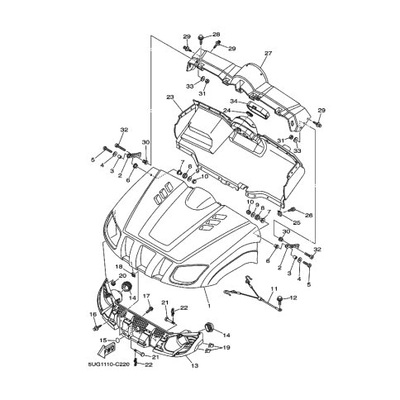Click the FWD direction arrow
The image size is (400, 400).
point(107,352)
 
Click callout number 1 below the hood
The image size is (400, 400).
point(209,306)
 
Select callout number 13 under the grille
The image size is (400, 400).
point(195,366)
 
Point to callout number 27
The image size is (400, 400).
point(268,53)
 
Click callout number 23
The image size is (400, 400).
point(170,97)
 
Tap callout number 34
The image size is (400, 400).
point(234,102)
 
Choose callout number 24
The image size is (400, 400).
point(226,110)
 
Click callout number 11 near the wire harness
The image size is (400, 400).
point(274,289)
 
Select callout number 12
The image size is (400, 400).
point(293,298)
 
